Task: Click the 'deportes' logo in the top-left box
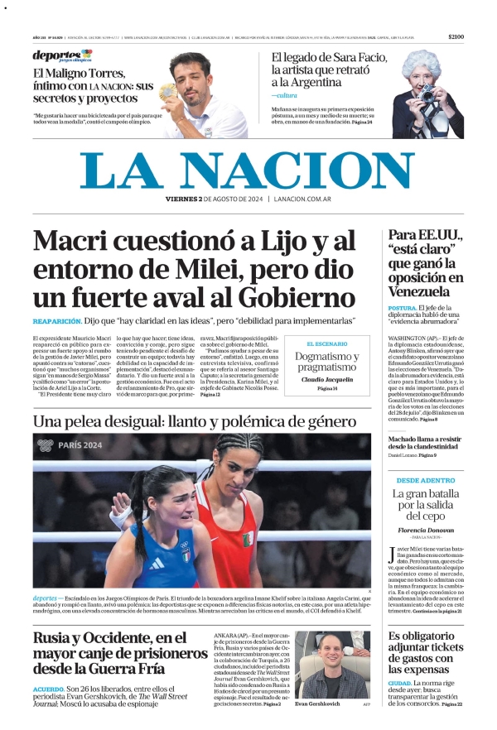click(62, 56)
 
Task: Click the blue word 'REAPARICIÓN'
click(57, 320)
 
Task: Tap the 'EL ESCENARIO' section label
click(327, 343)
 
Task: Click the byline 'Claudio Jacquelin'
click(327, 379)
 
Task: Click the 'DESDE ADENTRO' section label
click(425, 480)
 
